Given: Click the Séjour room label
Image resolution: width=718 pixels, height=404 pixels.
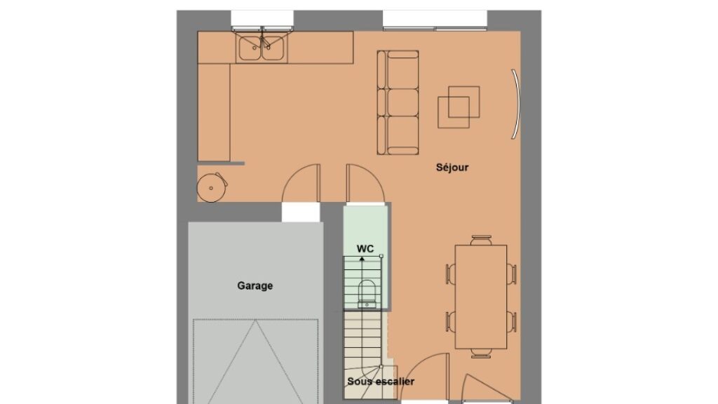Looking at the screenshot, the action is [x=452, y=168].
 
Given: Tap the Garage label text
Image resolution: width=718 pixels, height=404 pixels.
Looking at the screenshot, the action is [x=255, y=286].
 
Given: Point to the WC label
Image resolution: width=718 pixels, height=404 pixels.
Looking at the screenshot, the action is [x=365, y=249].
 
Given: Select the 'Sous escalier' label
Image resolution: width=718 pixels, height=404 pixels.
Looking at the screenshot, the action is [x=381, y=381].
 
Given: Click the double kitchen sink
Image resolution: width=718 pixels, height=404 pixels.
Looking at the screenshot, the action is [x=262, y=48].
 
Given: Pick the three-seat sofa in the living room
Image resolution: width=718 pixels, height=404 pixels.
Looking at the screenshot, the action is [x=398, y=102].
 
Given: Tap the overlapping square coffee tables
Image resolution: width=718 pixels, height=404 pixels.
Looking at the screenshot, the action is [x=459, y=107].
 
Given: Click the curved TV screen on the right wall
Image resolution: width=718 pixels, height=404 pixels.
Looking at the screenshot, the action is [x=516, y=104].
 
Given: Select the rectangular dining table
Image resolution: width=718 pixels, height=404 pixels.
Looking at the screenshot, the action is [x=481, y=297].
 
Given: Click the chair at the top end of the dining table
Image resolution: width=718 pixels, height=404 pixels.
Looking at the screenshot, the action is [x=481, y=241].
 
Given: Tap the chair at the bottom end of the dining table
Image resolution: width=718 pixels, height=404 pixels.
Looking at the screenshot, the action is [x=481, y=353].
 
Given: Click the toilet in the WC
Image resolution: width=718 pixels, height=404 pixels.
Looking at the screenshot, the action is [x=367, y=294].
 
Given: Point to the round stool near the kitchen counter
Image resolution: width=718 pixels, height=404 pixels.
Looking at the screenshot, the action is [x=212, y=187].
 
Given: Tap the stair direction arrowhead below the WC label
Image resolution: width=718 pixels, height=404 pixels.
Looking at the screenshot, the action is [x=363, y=260].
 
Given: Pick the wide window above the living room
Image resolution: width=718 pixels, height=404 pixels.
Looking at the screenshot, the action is [x=435, y=20].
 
